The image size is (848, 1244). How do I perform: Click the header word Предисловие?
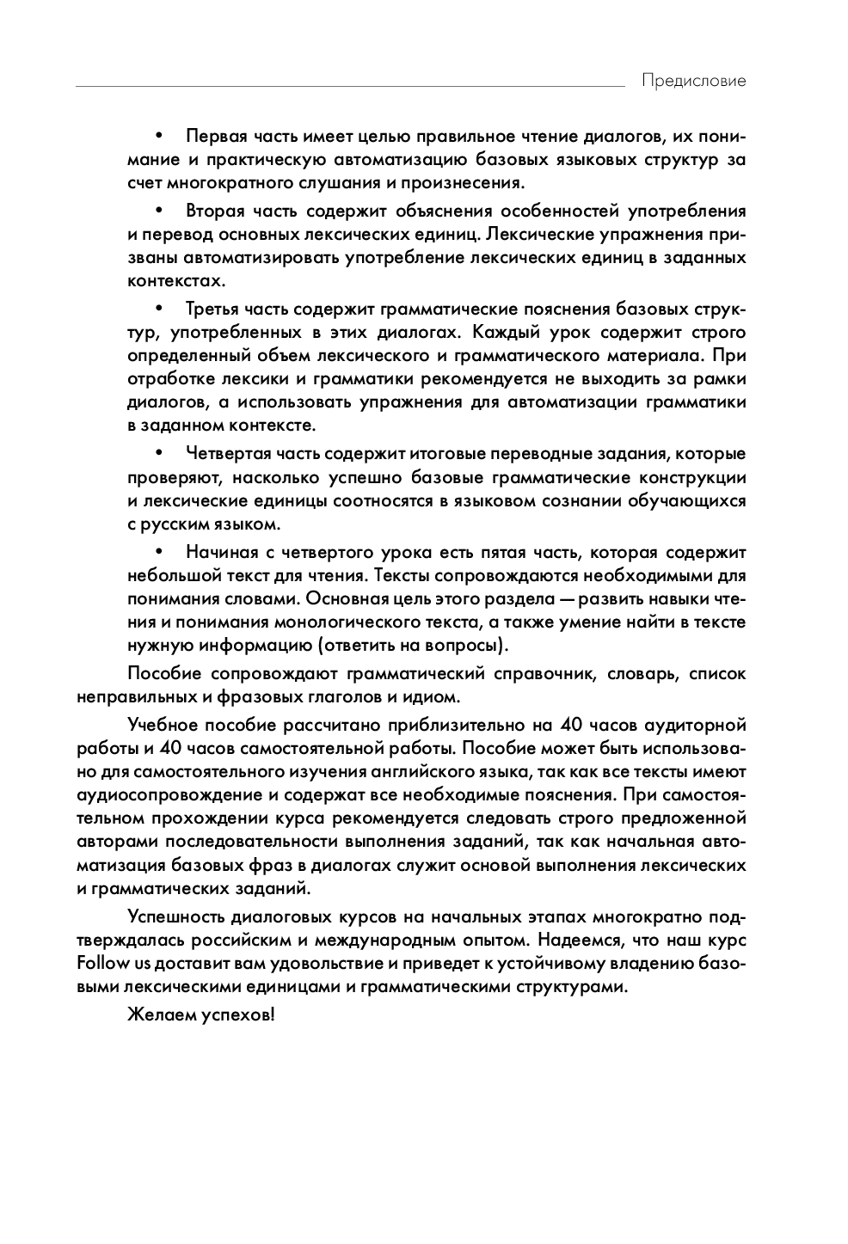[693, 81]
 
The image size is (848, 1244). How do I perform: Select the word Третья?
[212, 309]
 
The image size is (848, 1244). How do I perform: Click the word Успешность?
[174, 916]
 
